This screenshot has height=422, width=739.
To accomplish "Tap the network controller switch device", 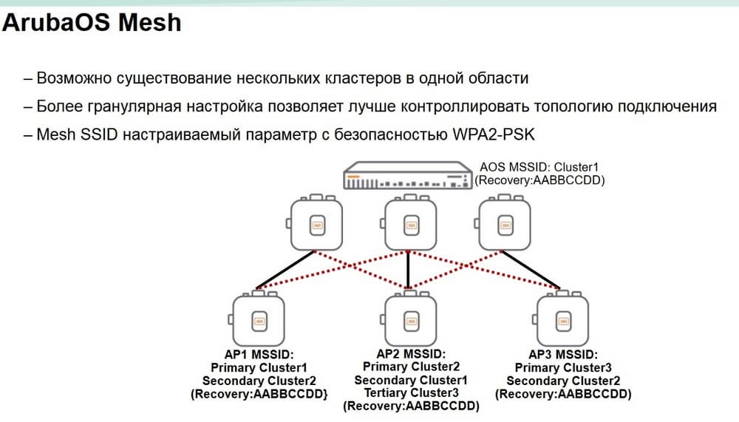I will click(407, 177).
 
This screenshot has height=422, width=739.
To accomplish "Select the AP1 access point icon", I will click(257, 320).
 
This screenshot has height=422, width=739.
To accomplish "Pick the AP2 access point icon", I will click(409, 320).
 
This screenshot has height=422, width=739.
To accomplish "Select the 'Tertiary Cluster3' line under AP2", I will click(410, 393).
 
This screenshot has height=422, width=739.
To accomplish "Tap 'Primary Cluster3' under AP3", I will click(563, 368).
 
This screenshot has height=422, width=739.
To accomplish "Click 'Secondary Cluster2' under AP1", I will click(259, 381).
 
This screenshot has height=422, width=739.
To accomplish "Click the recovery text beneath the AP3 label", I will click(563, 395).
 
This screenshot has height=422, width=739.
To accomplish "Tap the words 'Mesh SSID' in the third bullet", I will click(72, 135).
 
